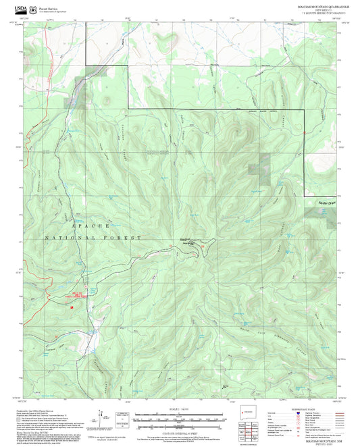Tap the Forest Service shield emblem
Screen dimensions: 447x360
pos(34,7)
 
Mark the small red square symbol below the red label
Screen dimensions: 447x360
pos(72,305)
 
